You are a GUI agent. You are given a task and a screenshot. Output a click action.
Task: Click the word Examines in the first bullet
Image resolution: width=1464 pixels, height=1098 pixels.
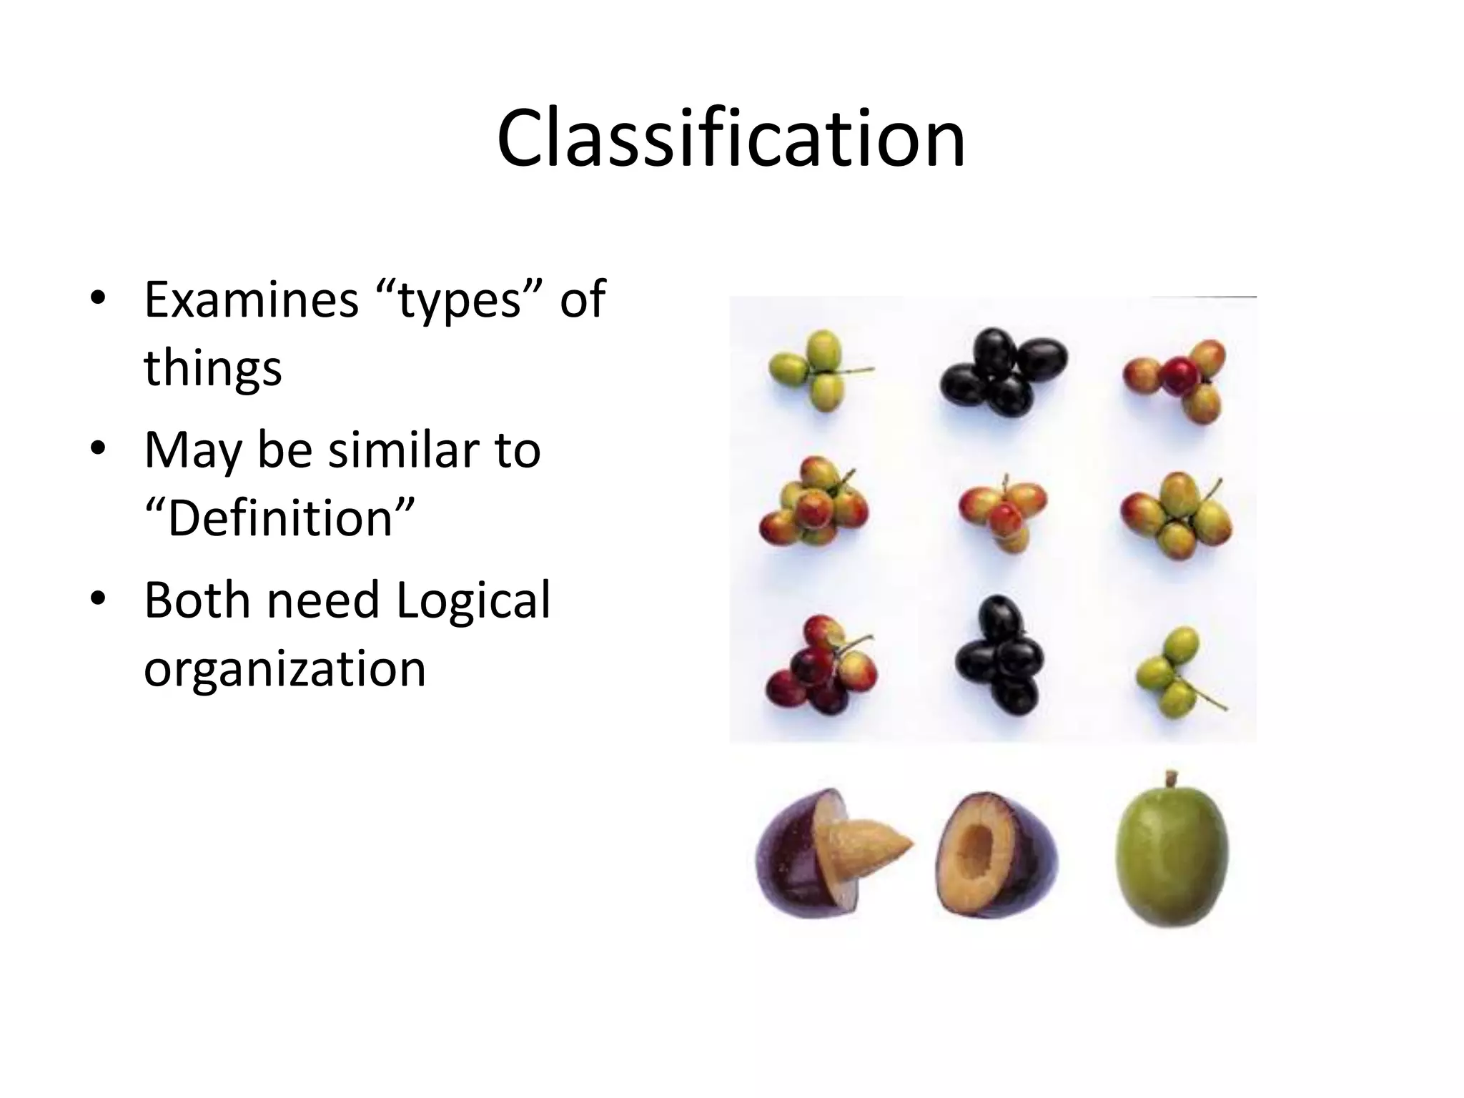point(251,300)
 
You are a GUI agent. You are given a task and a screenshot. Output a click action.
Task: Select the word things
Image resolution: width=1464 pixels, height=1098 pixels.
point(212,367)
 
